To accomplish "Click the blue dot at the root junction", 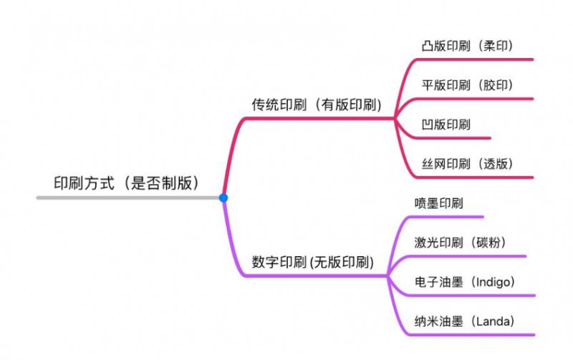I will (x=223, y=198).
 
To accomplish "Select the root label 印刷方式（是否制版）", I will (x=126, y=183).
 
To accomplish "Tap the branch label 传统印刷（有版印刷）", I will (x=316, y=104).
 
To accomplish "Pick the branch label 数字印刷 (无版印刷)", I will (x=313, y=262).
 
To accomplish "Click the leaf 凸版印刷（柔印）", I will (x=467, y=47).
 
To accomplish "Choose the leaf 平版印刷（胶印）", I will (x=467, y=85).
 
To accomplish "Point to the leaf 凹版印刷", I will (x=446, y=125).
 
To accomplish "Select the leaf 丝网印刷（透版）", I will (x=467, y=163).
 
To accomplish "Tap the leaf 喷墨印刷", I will (x=438, y=203).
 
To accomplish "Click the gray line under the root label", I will (x=129, y=197).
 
